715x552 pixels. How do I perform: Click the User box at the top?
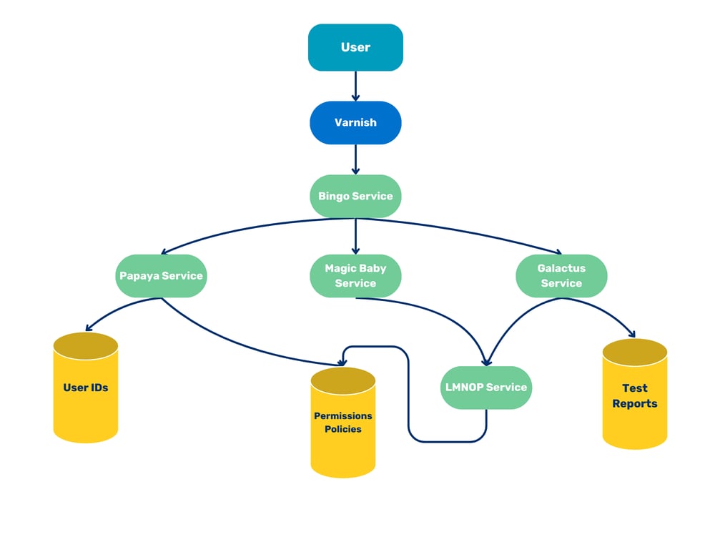[355, 47]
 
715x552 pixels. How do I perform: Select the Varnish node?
[355, 122]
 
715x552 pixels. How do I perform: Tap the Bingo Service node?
[355, 196]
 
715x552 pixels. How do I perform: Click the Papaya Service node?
[161, 275]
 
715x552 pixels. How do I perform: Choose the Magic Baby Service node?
[355, 275]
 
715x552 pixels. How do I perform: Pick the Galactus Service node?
[561, 275]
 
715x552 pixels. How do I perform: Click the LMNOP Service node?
[486, 388]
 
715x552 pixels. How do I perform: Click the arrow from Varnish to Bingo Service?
[355, 159]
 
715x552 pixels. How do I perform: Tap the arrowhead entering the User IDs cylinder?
[89, 329]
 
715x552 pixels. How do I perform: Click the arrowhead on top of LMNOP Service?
[487, 362]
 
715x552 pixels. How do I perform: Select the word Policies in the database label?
[343, 430]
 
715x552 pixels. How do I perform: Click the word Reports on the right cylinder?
[635, 403]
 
